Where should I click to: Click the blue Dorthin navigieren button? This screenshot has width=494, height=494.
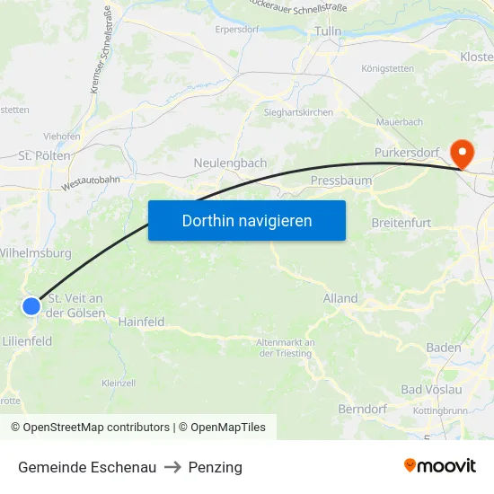247,220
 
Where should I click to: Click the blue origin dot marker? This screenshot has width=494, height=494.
31,306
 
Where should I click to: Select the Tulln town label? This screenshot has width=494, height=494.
328,31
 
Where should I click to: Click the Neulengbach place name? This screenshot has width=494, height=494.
230,163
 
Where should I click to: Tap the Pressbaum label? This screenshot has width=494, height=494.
340,181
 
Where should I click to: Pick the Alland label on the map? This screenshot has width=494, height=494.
340,298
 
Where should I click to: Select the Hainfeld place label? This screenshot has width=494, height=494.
141,321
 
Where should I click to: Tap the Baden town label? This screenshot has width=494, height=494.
444,348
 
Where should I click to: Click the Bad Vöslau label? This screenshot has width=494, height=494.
431,389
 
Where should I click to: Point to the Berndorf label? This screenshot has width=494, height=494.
362,410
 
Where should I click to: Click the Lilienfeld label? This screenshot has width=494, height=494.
27,341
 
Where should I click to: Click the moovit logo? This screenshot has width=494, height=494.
440,465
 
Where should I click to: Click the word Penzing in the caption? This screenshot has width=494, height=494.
216,467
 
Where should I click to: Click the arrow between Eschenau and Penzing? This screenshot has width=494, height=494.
172,467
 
